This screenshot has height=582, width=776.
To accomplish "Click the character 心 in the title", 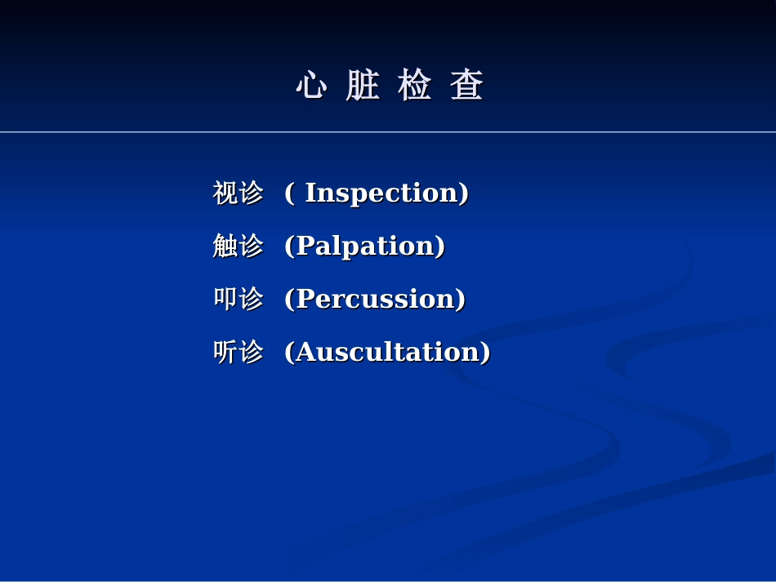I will [310, 86].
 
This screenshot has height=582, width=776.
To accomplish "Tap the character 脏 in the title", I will [363, 86].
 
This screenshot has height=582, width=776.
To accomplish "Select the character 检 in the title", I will [415, 86].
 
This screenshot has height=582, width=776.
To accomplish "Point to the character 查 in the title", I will [467, 86].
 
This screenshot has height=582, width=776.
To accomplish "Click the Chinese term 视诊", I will [238, 193].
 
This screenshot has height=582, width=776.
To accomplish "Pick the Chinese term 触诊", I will [238, 246].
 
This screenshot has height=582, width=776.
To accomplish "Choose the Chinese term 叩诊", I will [238, 299].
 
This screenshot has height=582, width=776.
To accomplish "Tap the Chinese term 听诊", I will [238, 352].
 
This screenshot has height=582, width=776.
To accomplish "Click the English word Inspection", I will [382, 193].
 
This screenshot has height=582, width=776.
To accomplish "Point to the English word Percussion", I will [375, 299].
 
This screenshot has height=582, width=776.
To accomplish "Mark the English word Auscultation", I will [388, 352].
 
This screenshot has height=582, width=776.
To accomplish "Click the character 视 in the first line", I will [225, 193].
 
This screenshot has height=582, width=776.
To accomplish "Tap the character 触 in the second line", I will [225, 246].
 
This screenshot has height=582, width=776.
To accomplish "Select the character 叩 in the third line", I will [225, 299].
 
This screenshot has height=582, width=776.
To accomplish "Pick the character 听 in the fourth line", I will [225, 352].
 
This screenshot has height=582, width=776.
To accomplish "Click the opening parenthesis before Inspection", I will [289, 193].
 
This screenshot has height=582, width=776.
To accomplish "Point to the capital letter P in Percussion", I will [304, 299].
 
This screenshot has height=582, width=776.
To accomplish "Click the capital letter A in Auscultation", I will [305, 352].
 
